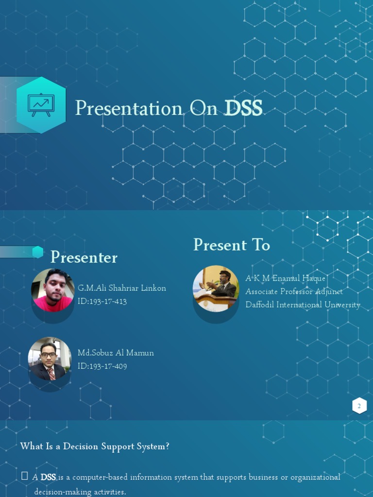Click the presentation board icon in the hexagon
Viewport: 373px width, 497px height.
coord(41,104)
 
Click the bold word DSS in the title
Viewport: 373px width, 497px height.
coord(243,108)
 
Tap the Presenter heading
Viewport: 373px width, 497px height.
coord(84,257)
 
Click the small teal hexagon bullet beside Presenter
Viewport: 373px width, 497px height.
coord(37,252)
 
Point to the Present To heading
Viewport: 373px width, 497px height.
coord(231,245)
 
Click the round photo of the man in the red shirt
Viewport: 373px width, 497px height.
coord(52,290)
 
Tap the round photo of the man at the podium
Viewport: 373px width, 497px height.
coord(216,288)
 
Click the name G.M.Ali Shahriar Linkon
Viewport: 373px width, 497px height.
coord(121,288)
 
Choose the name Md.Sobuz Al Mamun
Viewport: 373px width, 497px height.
coord(116,353)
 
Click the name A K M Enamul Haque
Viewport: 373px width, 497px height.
coord(285,278)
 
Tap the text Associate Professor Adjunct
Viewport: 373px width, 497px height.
coord(294,292)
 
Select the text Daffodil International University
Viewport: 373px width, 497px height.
coord(303,305)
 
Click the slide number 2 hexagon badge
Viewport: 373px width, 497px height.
coord(359,406)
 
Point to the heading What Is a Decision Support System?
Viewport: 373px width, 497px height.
coord(95,446)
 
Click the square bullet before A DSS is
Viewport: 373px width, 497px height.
coord(24,476)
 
